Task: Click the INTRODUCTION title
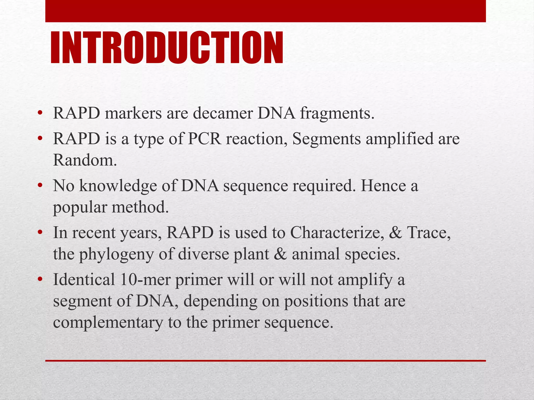(167, 48)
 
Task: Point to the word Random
(85, 160)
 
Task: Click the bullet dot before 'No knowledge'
(40, 186)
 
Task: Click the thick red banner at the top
(265, 11)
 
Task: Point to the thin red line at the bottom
(265, 361)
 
